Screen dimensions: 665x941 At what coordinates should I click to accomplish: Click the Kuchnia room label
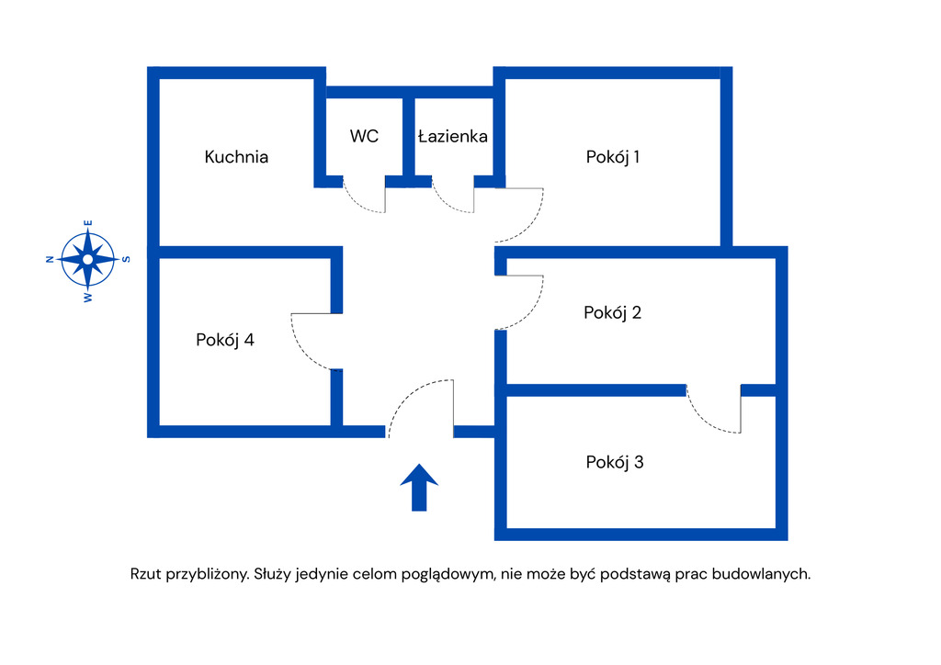pyautogui.click(x=236, y=157)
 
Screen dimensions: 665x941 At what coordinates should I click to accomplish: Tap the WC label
pyautogui.click(x=364, y=136)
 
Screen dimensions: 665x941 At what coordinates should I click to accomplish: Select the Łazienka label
pyautogui.click(x=452, y=136)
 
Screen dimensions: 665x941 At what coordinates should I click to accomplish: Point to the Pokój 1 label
pyautogui.click(x=613, y=157)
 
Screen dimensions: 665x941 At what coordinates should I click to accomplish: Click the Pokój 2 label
pyautogui.click(x=613, y=312)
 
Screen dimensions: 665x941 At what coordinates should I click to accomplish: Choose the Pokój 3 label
pyautogui.click(x=615, y=462)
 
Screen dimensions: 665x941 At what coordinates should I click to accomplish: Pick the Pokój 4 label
pyautogui.click(x=225, y=340)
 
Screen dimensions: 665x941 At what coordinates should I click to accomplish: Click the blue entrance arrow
pyautogui.click(x=419, y=487)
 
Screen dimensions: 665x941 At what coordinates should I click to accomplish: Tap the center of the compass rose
pyautogui.click(x=87, y=259)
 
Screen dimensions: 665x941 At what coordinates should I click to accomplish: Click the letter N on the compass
pyautogui.click(x=49, y=260)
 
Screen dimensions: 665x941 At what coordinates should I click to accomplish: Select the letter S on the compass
pyautogui.click(x=127, y=259)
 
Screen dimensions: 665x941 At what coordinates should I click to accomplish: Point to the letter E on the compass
pyautogui.click(x=88, y=222)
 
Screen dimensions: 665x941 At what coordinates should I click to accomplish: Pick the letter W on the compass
pyautogui.click(x=88, y=298)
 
